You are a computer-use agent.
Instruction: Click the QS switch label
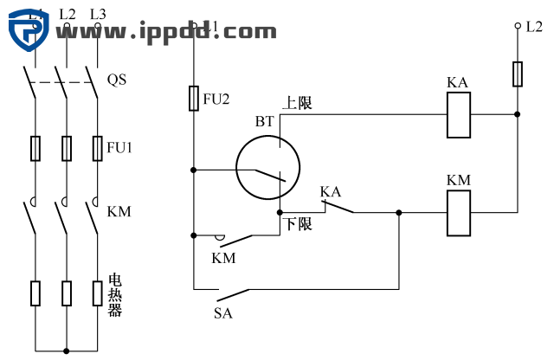(117, 80)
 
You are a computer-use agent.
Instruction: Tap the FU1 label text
(119, 148)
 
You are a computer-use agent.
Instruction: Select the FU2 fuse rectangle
(194, 99)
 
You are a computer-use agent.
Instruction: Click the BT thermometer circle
(267, 170)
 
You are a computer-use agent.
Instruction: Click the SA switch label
(223, 313)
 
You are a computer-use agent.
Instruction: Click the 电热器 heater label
(114, 295)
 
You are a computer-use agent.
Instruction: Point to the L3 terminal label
(98, 14)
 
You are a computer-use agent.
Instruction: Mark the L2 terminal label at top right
(533, 27)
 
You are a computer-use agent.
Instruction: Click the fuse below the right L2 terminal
(518, 74)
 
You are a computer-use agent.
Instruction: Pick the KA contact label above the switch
(330, 191)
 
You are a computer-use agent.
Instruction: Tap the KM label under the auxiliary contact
(223, 258)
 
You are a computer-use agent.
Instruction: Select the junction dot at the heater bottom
(67, 350)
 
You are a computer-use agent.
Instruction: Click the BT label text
(264, 122)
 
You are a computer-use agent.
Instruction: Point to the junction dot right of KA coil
(518, 114)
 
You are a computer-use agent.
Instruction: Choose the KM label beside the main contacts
(119, 211)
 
